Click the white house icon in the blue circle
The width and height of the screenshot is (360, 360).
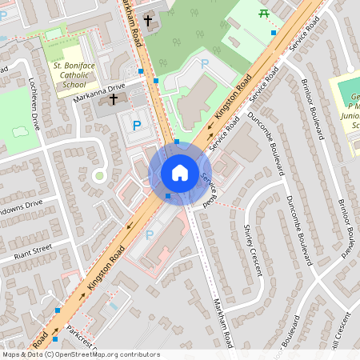pyautogui.click(x=179, y=172)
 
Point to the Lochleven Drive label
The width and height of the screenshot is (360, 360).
pyautogui.click(x=34, y=104)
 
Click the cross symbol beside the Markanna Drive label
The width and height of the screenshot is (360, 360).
pyautogui.click(x=113, y=99)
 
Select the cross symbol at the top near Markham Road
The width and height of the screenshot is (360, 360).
pyautogui.click(x=148, y=19)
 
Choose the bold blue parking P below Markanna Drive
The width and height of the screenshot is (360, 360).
pyautogui.click(x=137, y=125)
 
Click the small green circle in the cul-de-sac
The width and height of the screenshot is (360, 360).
pyautogui.click(x=99, y=175)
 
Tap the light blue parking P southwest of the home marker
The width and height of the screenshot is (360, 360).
pyautogui.click(x=150, y=234)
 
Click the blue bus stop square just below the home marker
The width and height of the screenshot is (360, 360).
pyautogui.click(x=167, y=196)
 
